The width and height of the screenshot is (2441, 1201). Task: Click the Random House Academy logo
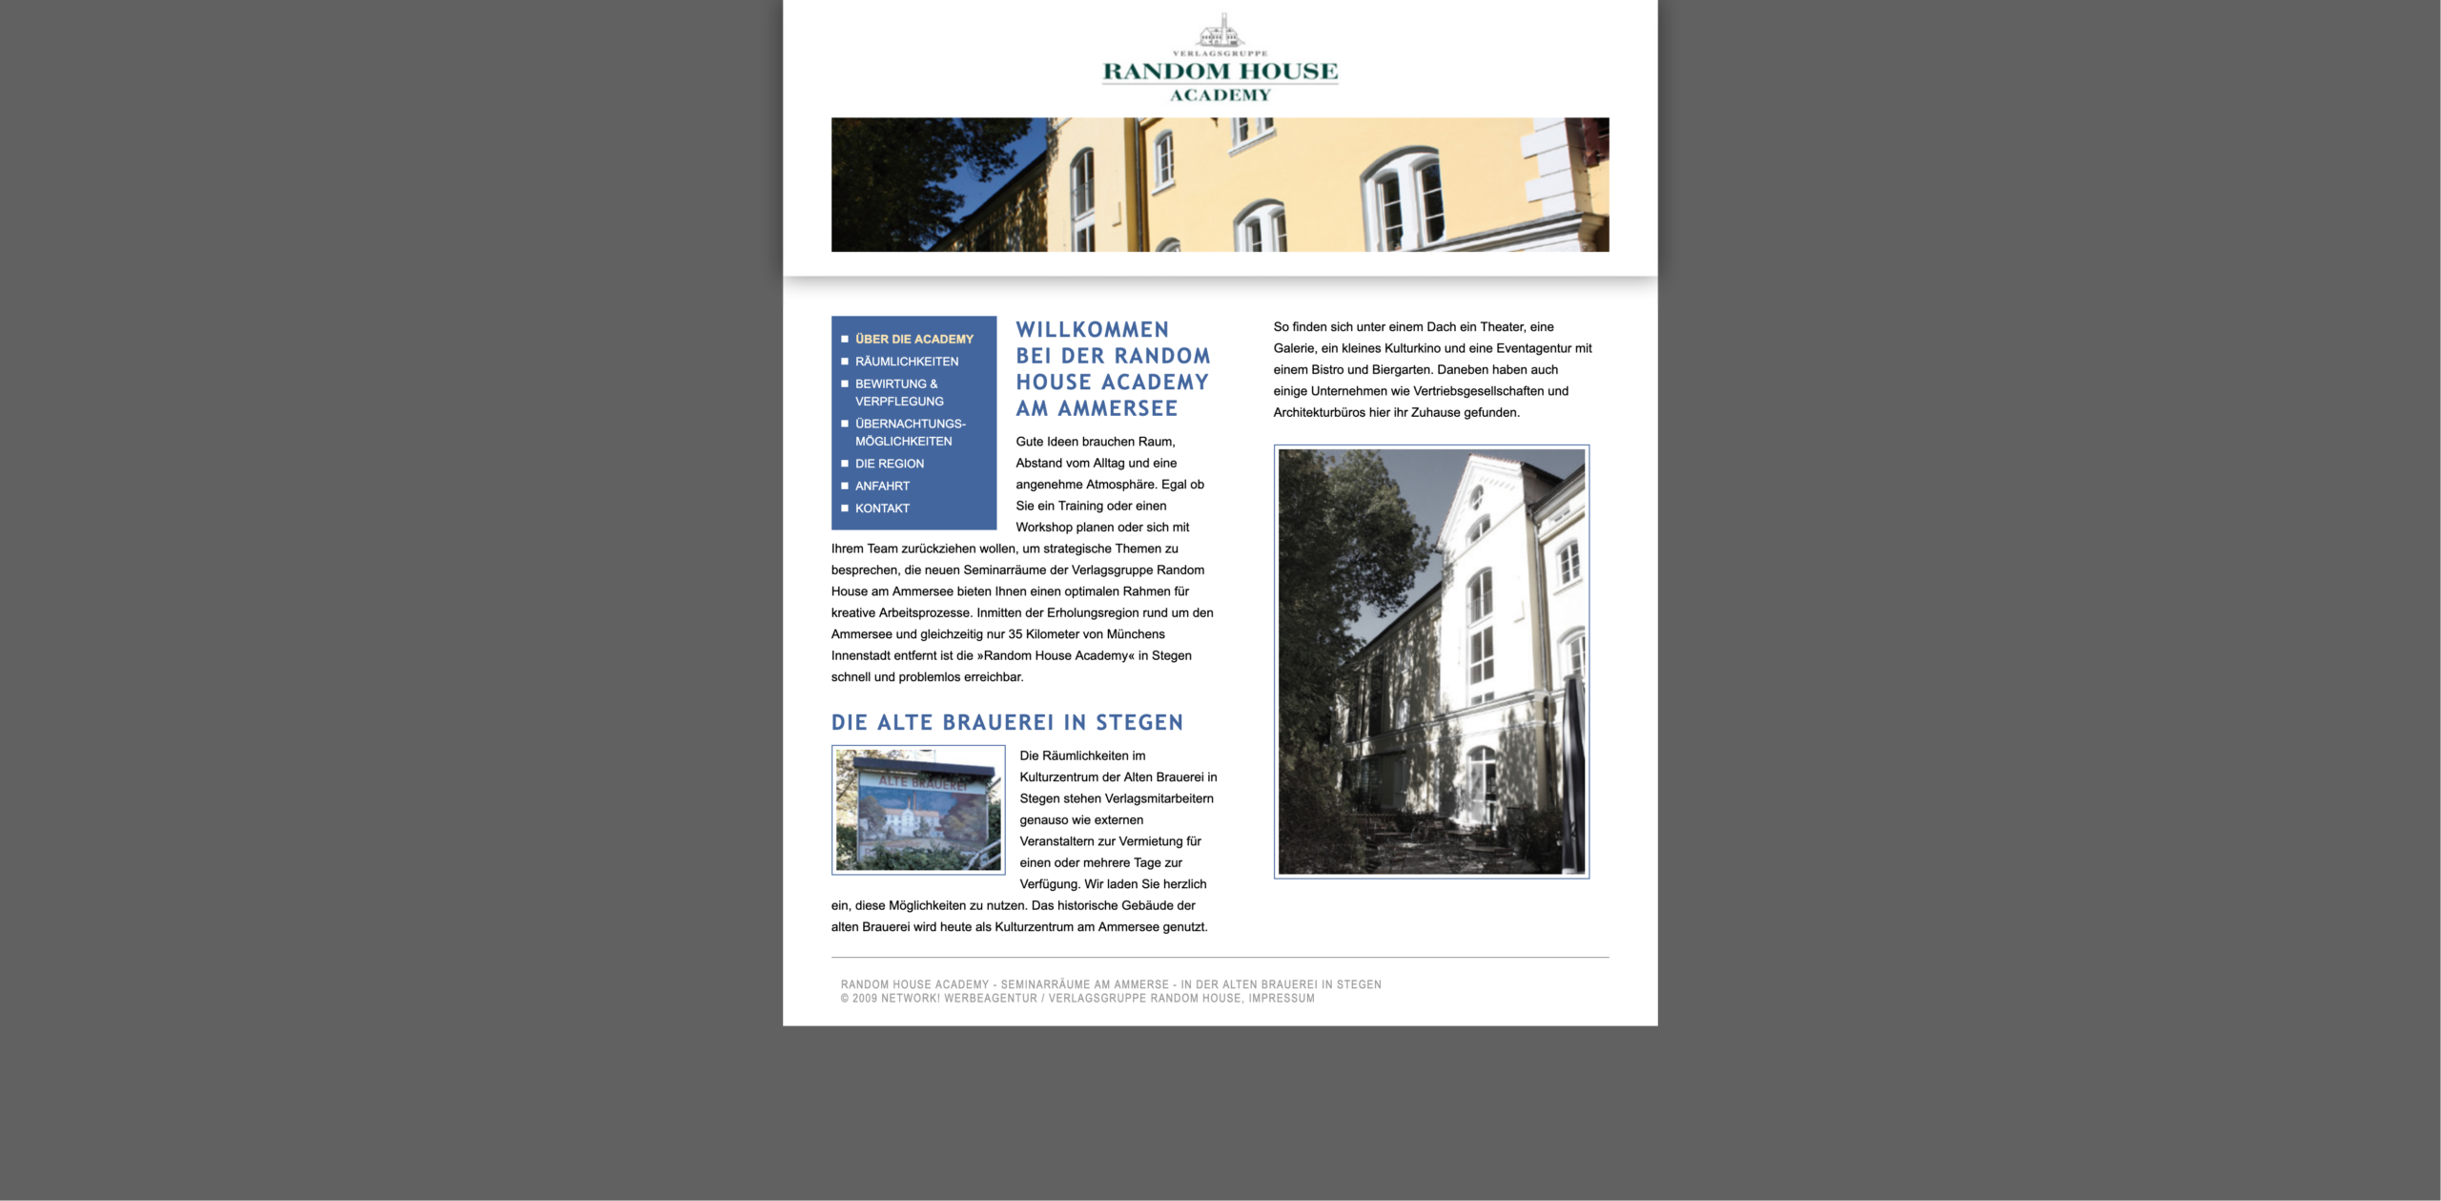click(1220, 59)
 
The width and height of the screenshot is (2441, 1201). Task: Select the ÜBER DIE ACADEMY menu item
click(913, 339)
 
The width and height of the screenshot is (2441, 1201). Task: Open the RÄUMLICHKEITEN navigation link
click(906, 362)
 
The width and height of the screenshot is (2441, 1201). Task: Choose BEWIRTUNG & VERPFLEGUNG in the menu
click(898, 392)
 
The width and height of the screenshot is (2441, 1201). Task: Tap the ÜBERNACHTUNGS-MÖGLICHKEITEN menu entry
click(910, 432)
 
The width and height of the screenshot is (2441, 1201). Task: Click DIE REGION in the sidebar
click(889, 464)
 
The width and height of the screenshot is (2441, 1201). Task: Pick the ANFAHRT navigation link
click(882, 486)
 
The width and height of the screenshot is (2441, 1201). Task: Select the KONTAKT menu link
click(882, 508)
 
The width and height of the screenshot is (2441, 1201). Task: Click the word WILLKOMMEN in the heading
click(1092, 330)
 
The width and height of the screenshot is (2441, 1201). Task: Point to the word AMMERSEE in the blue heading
click(1118, 408)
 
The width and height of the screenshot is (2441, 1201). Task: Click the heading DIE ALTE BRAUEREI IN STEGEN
click(1007, 723)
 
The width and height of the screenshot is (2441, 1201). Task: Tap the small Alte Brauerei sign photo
click(918, 809)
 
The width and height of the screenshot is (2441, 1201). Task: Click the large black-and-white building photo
click(1431, 661)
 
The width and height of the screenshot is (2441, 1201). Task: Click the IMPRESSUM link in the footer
click(1282, 999)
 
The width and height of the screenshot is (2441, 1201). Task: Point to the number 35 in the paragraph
click(1015, 634)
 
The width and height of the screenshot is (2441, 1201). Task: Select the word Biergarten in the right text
click(1401, 370)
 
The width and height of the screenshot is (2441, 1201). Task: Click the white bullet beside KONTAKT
click(845, 508)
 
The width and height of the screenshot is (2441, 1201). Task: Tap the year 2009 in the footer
click(865, 999)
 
